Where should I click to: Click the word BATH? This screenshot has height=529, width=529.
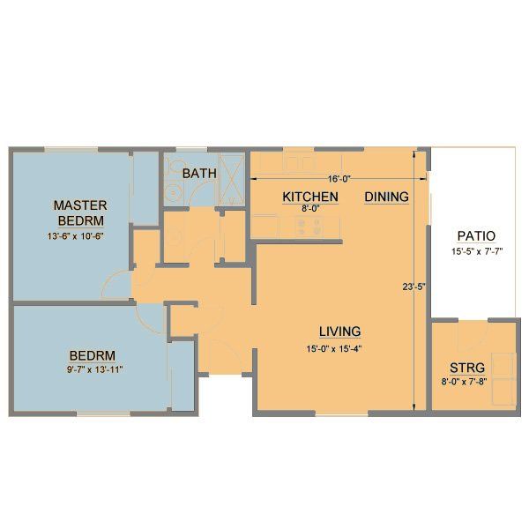point(199,173)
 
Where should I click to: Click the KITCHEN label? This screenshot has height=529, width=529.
point(309,197)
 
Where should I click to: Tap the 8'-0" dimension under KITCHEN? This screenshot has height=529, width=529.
point(309,209)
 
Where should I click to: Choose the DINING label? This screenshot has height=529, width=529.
point(386,197)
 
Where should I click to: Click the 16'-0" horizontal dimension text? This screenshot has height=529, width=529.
point(335,178)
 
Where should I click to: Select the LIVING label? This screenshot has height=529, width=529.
point(339,332)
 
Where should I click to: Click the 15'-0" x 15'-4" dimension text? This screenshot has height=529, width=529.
point(339,346)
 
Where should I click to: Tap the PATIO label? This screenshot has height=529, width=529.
point(476,236)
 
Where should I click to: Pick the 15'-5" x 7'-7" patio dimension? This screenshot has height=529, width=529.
point(476,251)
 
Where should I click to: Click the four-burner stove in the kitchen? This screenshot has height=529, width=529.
point(309,226)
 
